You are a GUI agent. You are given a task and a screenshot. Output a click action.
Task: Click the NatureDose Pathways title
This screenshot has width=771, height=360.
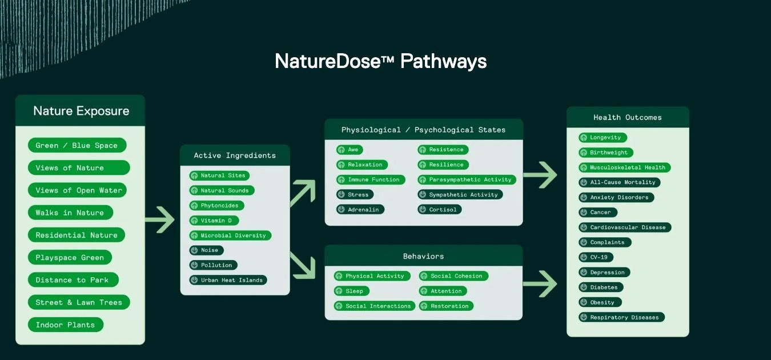[x=380, y=61]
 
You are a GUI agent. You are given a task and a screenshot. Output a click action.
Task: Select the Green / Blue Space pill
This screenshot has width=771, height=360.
[x=77, y=146]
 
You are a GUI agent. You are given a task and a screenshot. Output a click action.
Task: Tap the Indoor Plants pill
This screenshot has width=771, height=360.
[x=65, y=325]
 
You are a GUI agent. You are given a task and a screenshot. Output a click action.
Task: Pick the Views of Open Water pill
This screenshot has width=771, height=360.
[x=78, y=190]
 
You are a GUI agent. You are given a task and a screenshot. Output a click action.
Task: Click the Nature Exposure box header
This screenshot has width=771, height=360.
[x=81, y=111]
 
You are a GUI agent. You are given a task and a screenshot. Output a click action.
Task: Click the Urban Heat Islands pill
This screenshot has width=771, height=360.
[x=227, y=281]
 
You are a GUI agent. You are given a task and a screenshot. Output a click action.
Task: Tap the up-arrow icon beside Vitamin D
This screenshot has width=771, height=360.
[x=194, y=221]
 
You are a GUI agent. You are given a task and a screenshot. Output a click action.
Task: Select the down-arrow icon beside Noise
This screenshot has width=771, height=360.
[x=194, y=250]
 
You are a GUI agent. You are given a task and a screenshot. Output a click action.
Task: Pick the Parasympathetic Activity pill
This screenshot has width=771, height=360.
[x=466, y=180]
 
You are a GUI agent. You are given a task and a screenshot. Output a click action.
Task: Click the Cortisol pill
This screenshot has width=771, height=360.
[x=439, y=210]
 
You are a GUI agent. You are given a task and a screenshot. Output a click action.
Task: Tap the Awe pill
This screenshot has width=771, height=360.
[x=349, y=150]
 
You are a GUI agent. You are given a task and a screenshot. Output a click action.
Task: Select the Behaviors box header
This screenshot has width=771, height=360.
[x=423, y=256]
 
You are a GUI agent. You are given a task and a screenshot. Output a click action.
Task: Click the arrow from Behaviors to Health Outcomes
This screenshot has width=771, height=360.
[x=540, y=284]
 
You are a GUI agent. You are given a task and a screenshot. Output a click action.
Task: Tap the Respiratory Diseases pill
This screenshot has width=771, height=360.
[x=621, y=318]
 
